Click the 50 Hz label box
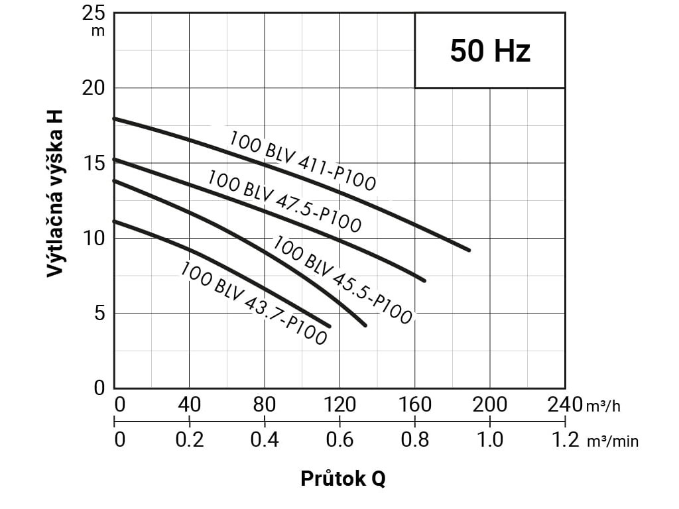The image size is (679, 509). click(x=490, y=50)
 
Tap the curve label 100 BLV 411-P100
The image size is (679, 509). click(x=302, y=161)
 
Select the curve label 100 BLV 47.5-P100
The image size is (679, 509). click(x=284, y=201)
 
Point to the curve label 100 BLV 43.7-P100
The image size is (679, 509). click(x=253, y=303)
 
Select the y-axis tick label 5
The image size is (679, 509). click(x=99, y=313)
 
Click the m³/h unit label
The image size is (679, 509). click(x=603, y=406)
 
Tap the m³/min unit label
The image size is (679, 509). click(x=613, y=441)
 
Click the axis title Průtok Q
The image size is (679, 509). click(x=343, y=479)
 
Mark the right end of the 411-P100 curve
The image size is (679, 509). click(x=469, y=250)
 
